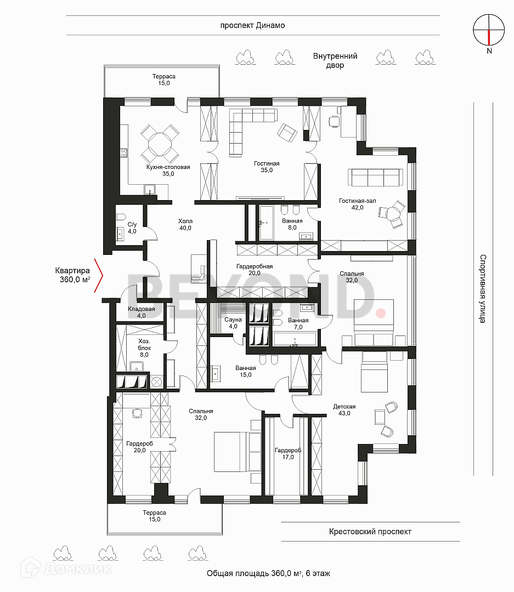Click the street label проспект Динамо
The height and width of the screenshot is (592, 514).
[x=252, y=26]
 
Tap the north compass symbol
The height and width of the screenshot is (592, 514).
[x=489, y=31]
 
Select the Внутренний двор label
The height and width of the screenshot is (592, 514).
[x=335, y=60]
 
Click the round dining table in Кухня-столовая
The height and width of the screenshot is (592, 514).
[x=160, y=144]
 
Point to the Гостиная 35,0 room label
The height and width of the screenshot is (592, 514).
[x=267, y=167]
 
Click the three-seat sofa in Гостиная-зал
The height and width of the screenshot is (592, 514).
[x=375, y=177]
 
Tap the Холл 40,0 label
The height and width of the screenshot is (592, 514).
[x=185, y=224]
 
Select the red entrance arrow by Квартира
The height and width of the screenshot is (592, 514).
[x=98, y=276]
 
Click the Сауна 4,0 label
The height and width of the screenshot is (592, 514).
[x=233, y=323]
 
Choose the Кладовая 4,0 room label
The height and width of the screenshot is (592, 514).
[x=142, y=312]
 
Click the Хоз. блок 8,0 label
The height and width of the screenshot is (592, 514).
[x=144, y=348]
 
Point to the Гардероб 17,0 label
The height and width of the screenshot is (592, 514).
[x=288, y=453]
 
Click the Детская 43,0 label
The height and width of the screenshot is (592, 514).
[x=344, y=409]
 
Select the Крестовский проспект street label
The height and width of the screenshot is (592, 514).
[x=370, y=532]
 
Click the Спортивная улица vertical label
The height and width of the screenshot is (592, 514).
[x=483, y=288]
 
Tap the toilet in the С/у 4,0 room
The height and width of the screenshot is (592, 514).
[x=121, y=217]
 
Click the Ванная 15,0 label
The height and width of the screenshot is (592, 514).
[x=246, y=371]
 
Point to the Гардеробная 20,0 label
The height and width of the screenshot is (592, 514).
[x=255, y=270]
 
